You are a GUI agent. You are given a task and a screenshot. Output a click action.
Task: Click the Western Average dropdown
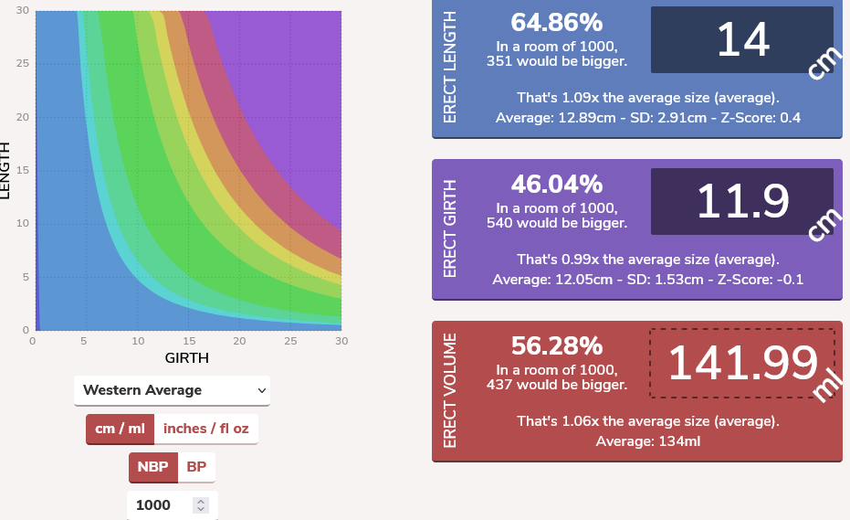pyautogui.click(x=172, y=390)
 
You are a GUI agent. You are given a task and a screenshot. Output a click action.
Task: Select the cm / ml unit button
pyautogui.click(x=120, y=429)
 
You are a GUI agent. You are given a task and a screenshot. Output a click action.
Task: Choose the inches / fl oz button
pyautogui.click(x=205, y=429)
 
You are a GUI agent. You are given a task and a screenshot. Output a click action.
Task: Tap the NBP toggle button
pyautogui.click(x=152, y=467)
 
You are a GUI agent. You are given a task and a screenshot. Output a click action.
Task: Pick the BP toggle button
pyautogui.click(x=196, y=467)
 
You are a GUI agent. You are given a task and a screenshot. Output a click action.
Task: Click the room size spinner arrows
pyautogui.click(x=202, y=505)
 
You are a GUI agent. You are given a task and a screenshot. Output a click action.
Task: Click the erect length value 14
pyautogui.click(x=742, y=40)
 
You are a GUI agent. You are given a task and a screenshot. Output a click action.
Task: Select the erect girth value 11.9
pyautogui.click(x=742, y=201)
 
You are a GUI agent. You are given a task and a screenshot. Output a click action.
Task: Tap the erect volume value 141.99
pyautogui.click(x=742, y=363)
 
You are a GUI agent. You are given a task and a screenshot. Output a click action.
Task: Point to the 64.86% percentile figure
pyautogui.click(x=556, y=23)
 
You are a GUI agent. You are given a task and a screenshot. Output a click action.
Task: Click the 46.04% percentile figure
pyautogui.click(x=556, y=185)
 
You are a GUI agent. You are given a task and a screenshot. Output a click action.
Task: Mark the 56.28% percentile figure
pyautogui.click(x=556, y=345)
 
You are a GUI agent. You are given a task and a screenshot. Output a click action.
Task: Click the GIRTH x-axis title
pyautogui.click(x=186, y=358)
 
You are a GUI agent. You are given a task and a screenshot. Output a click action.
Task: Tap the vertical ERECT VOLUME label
pyautogui.click(x=449, y=391)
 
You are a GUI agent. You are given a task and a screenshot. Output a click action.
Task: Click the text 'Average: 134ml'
pyautogui.click(x=647, y=441)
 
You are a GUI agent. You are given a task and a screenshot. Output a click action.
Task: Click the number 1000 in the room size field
pyautogui.click(x=153, y=505)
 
